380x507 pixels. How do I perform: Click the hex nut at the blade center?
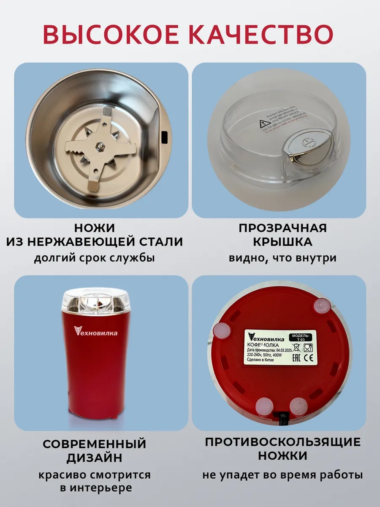point(100,145)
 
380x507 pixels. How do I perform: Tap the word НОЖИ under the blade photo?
point(95,228)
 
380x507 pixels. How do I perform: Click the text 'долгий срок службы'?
point(95,258)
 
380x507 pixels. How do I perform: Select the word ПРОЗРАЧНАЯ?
point(283,228)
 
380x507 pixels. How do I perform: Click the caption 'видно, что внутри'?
point(283,258)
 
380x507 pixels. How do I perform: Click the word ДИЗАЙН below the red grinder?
point(95,458)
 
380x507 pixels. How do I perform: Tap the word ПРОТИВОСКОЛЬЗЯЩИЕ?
point(283,442)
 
